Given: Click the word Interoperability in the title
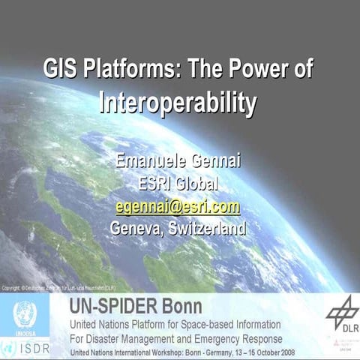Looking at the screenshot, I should [178, 102].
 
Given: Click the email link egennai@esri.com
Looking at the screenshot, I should [178, 205].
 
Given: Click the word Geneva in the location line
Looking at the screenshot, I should [138, 227].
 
